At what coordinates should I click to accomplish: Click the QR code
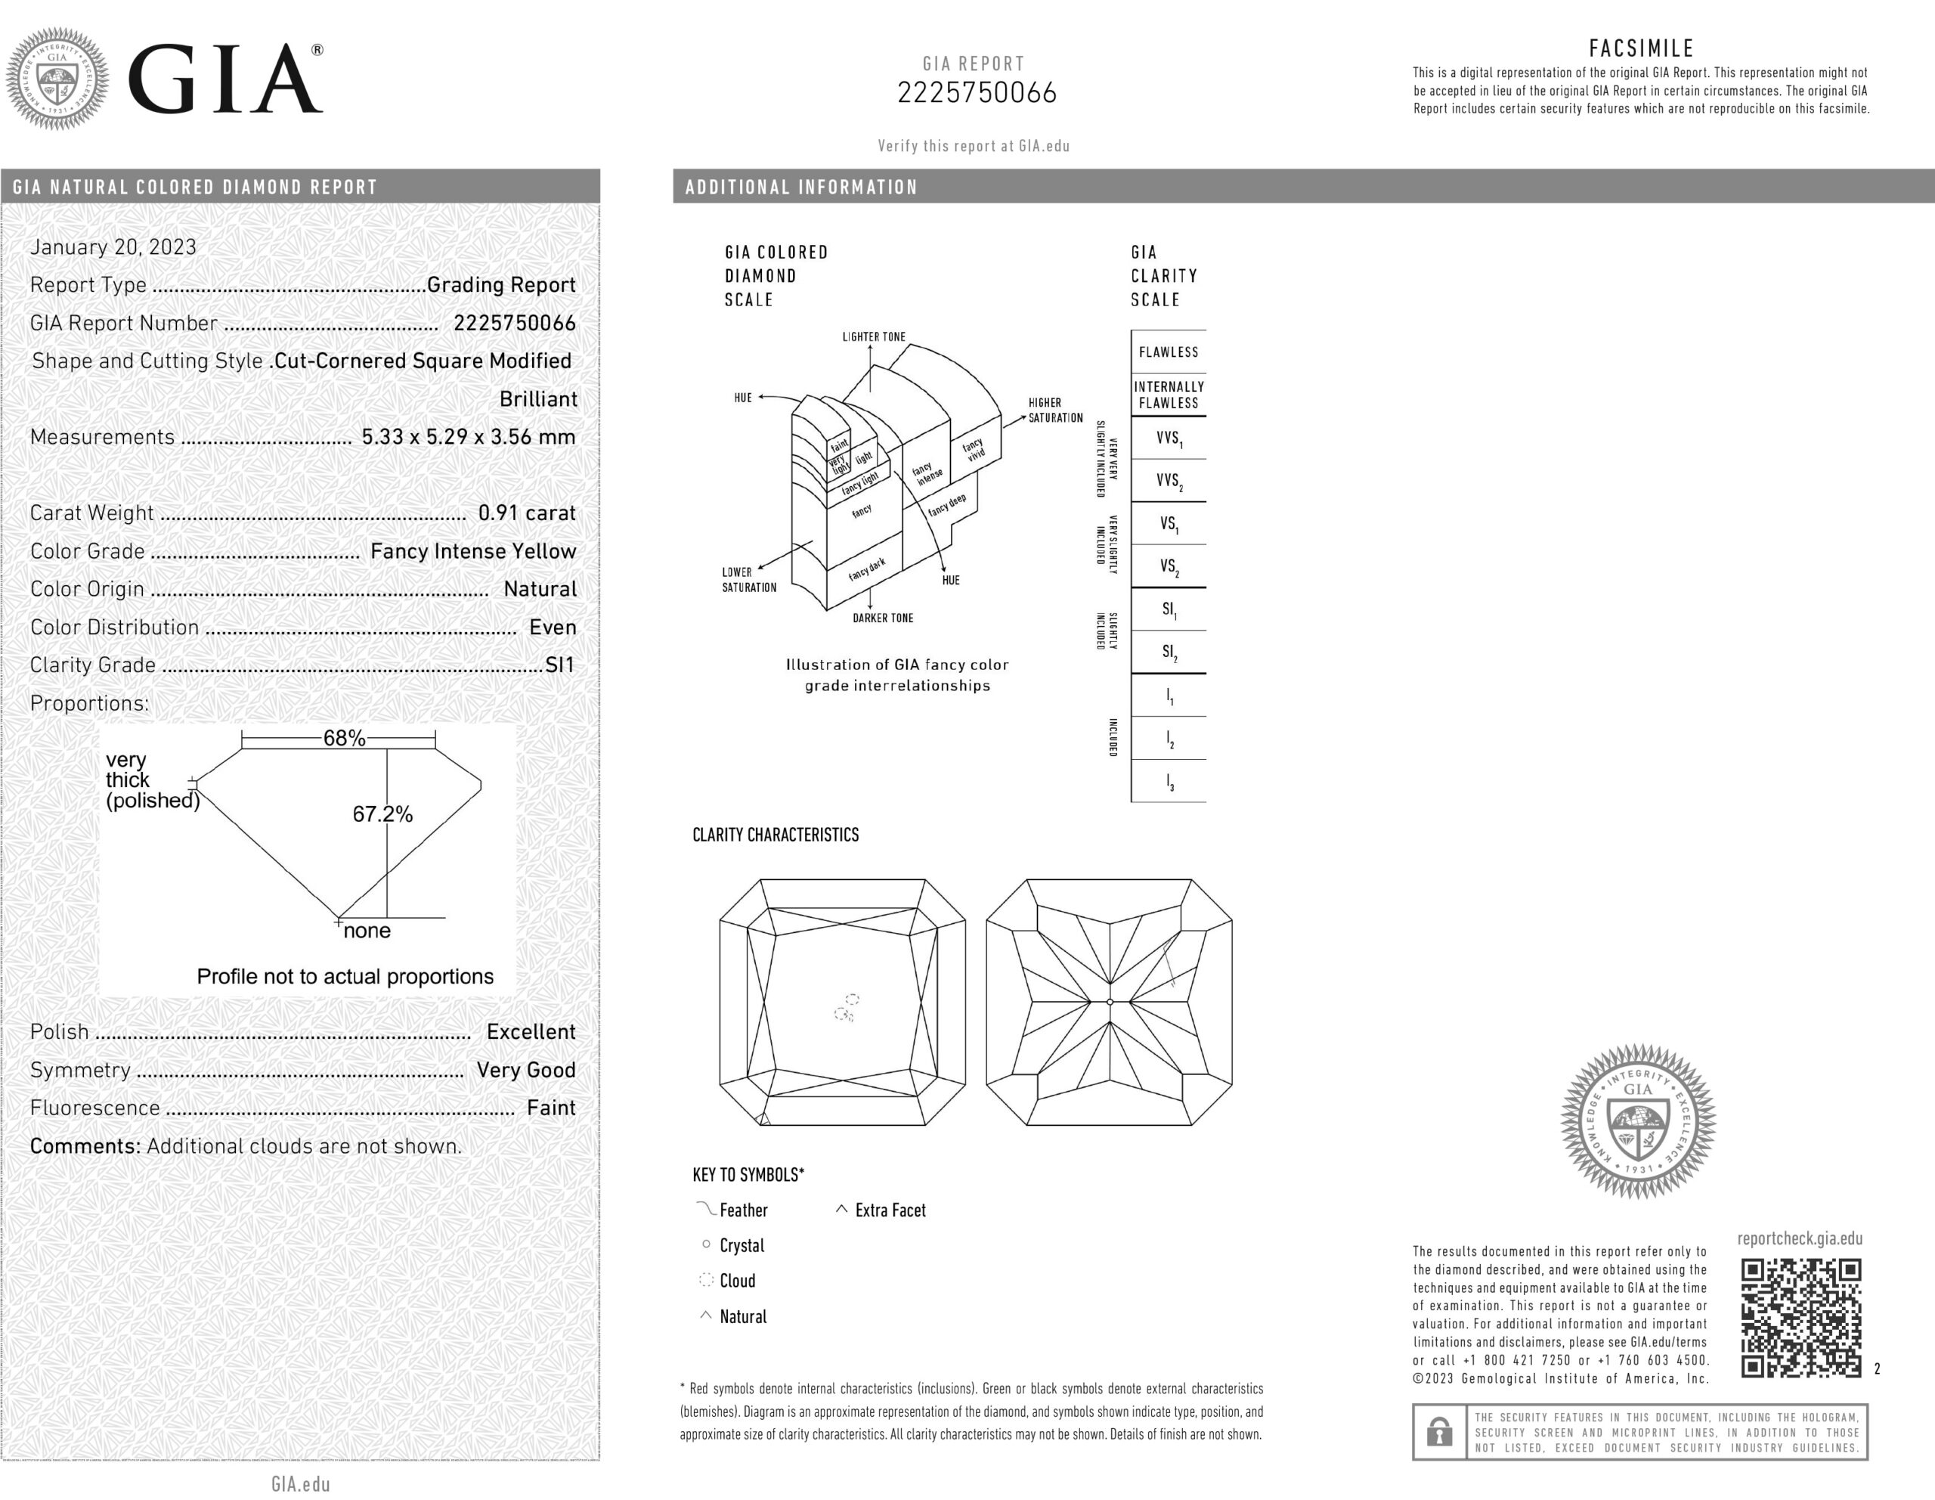coord(1800,1318)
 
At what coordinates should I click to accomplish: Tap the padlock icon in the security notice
coord(1439,1431)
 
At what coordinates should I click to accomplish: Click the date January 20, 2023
coord(113,247)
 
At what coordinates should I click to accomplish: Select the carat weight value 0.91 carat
coord(526,513)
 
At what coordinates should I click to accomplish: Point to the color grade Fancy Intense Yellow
coord(473,551)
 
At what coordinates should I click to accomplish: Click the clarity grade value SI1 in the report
coord(559,665)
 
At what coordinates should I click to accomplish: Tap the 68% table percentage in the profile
coord(344,738)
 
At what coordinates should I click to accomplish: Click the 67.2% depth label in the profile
coord(382,814)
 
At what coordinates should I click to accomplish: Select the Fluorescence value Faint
coord(551,1108)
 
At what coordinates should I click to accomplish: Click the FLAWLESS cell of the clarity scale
coord(1168,352)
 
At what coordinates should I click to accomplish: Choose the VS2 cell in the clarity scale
coord(1169,566)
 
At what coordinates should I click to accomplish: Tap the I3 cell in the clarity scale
coord(1169,782)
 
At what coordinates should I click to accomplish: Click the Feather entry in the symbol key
coord(742,1210)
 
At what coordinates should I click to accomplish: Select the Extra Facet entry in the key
coord(890,1210)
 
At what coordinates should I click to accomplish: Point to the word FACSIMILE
coord(1641,48)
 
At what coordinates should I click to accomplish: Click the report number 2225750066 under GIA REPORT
coord(977,93)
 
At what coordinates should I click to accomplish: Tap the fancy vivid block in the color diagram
coord(974,449)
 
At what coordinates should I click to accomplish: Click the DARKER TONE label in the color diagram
coord(882,618)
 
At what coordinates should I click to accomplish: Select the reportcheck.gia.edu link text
coord(1800,1238)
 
